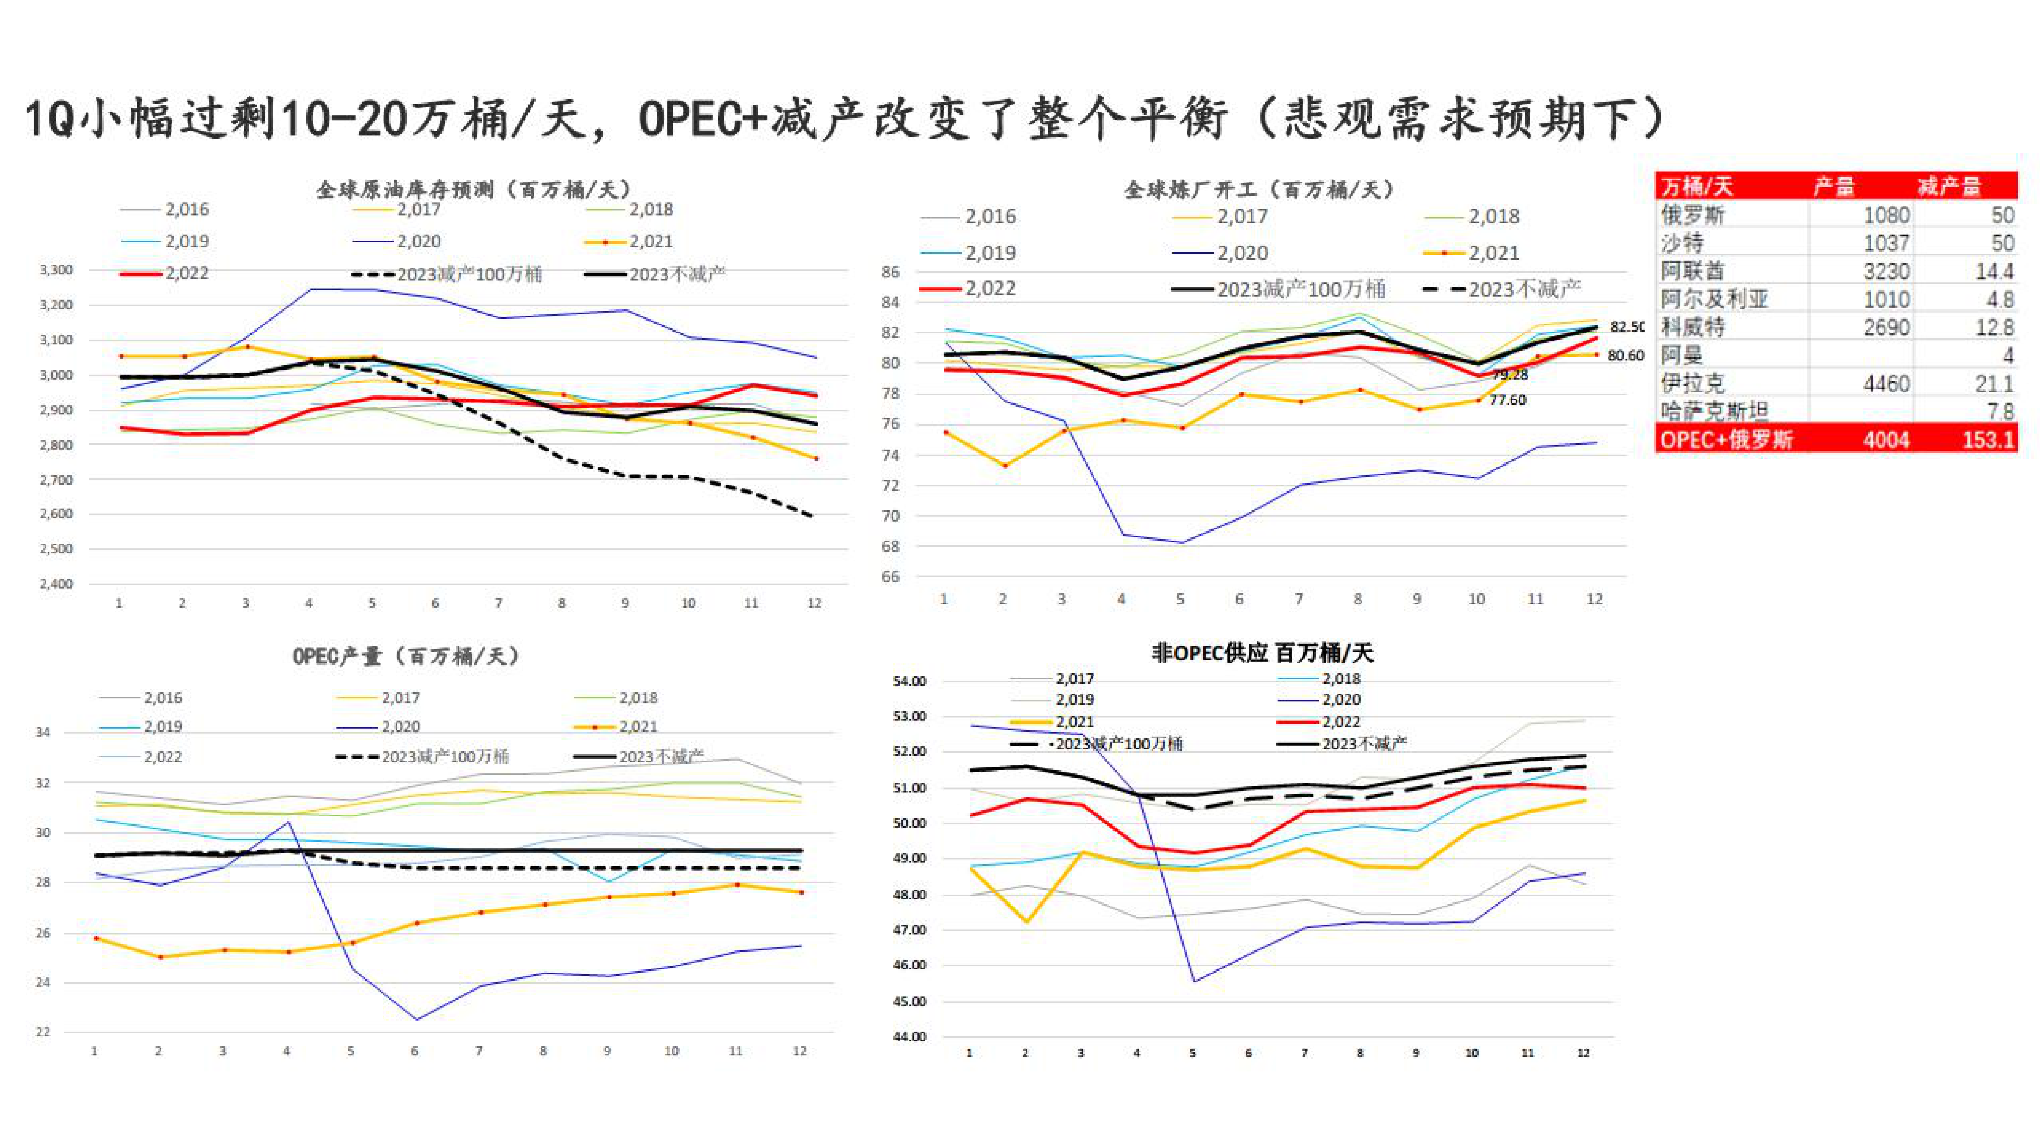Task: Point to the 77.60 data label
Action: pyautogui.click(x=1507, y=400)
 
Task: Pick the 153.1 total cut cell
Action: pyautogui.click(x=1988, y=439)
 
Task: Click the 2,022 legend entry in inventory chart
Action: pyautogui.click(x=186, y=273)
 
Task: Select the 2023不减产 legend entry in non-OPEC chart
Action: pyautogui.click(x=1364, y=744)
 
